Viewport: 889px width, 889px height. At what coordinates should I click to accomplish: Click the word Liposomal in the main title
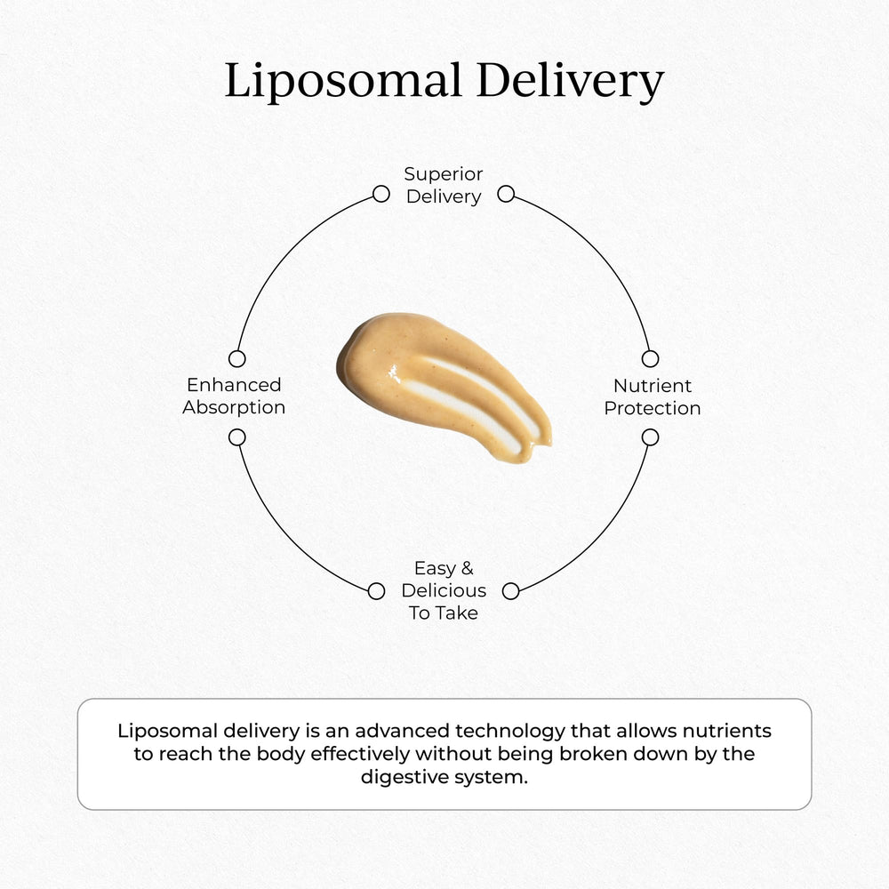point(342,82)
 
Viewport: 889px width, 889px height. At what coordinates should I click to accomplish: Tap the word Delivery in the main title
point(570,82)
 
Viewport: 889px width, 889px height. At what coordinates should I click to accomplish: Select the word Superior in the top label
point(444,174)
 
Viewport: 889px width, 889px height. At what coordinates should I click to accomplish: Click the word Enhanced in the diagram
point(234,385)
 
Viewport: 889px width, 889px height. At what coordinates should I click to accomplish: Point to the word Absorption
point(234,408)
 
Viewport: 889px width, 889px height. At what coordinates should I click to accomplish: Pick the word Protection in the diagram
point(653,409)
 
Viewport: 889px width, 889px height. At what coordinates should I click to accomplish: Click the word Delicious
point(444,590)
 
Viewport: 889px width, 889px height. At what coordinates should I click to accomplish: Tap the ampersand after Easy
point(468,568)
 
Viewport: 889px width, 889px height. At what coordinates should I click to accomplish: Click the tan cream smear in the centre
point(440,387)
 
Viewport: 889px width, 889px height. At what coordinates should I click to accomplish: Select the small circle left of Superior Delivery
point(380,194)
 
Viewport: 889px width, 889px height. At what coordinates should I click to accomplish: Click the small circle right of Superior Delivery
point(506,194)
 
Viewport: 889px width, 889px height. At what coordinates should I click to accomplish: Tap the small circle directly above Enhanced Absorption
point(236,358)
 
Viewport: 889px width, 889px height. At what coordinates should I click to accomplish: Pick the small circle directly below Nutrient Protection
point(650,437)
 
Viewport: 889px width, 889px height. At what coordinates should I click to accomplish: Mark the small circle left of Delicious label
point(376,591)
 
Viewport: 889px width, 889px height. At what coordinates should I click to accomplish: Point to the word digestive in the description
point(400,777)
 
